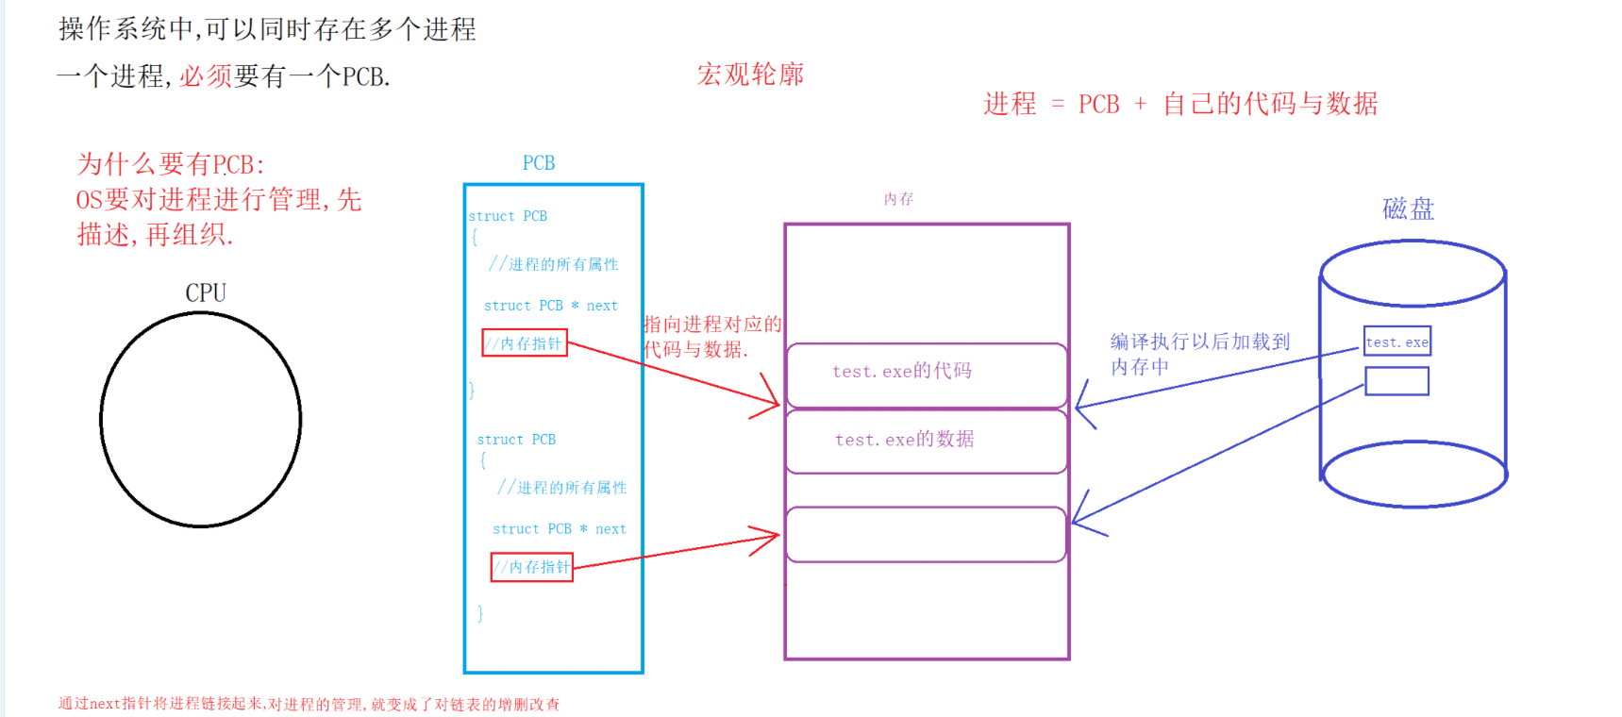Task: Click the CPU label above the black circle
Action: pos(206,292)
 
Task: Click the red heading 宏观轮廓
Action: pos(750,75)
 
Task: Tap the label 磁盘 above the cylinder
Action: pos(1408,208)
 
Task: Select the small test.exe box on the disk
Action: pos(1397,342)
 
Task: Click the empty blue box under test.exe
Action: pos(1396,381)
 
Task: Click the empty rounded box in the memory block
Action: pos(926,534)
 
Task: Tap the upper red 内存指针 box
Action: pos(525,343)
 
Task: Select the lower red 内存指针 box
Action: pos(532,567)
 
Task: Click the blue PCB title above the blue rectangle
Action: pos(539,163)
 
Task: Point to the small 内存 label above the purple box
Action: pos(898,199)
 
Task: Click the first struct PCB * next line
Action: pos(550,306)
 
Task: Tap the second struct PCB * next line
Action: pos(559,529)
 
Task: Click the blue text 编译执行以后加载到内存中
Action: pos(1199,354)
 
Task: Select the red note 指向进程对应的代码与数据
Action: pos(712,337)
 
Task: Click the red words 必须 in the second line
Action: pos(206,76)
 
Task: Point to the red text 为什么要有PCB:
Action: pos(171,165)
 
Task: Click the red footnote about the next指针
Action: pos(309,704)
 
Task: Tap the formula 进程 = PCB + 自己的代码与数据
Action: pos(1180,104)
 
